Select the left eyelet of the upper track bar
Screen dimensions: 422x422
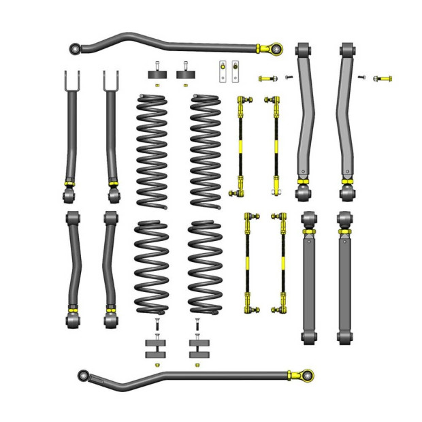(76, 48)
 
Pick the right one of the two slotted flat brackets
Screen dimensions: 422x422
(236, 71)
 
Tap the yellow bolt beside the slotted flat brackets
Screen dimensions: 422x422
(267, 78)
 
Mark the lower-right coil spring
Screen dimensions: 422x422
(206, 267)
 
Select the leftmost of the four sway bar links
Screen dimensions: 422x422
(241, 146)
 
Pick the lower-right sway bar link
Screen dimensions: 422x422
(280, 262)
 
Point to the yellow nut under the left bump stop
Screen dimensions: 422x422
(157, 86)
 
